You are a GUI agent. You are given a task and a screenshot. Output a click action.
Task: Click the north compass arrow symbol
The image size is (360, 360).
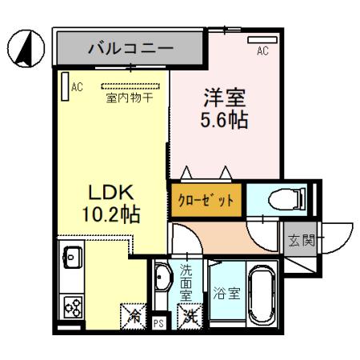click(25, 49)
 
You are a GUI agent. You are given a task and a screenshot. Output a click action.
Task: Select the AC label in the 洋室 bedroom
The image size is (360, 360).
click(262, 51)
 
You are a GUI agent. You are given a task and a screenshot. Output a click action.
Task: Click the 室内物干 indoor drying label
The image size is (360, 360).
click(130, 98)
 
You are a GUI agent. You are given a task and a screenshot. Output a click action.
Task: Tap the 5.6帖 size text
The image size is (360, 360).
click(222, 121)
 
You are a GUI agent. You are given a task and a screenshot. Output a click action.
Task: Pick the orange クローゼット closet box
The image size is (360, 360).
click(205, 201)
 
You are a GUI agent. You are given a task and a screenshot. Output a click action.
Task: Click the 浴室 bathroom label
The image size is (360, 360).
click(226, 293)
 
